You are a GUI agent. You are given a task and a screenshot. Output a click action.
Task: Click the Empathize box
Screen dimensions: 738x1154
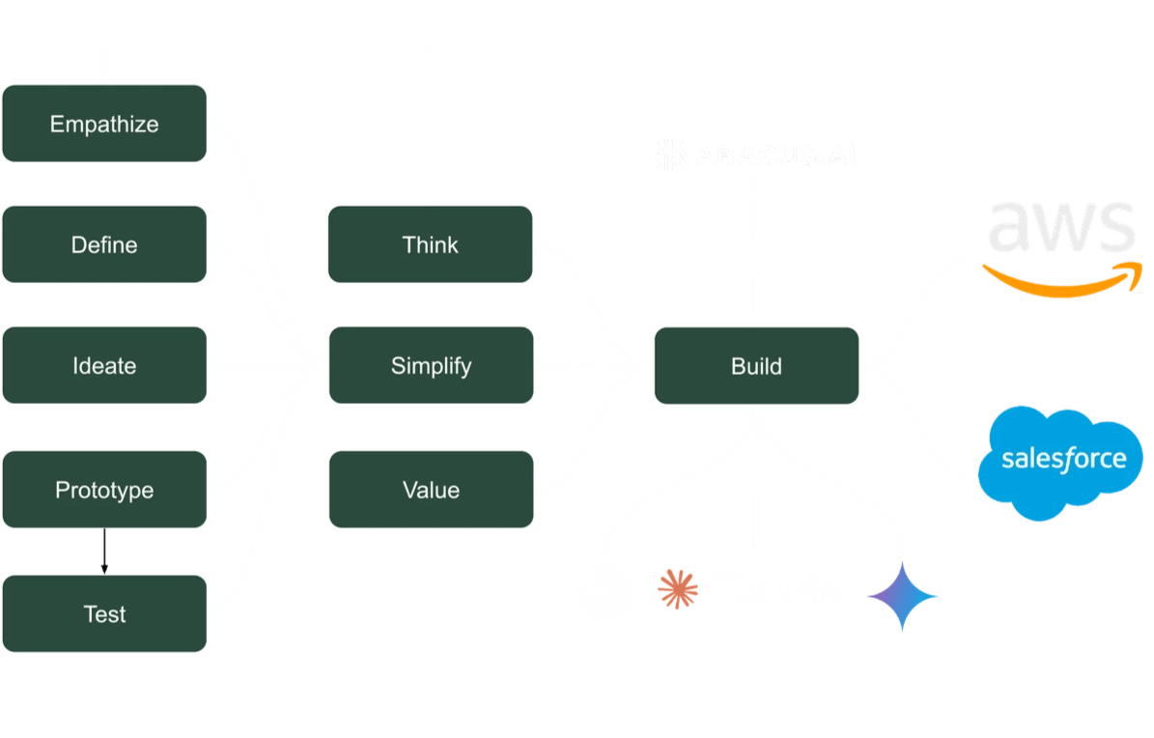(104, 124)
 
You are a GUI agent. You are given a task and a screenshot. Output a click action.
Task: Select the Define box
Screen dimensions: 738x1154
(104, 244)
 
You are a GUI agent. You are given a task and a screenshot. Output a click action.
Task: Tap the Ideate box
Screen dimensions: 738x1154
(104, 366)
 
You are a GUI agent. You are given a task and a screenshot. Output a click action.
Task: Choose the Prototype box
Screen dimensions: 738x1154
(104, 490)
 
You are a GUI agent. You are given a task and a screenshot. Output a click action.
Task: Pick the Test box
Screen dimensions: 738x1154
(104, 613)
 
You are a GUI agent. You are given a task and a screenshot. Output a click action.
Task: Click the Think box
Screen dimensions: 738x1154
(430, 244)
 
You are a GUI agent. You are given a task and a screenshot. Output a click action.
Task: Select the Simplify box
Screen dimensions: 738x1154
(430, 366)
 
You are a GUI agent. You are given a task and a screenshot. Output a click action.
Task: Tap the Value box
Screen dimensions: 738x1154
(430, 490)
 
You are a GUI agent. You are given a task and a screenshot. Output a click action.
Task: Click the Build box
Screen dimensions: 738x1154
(756, 366)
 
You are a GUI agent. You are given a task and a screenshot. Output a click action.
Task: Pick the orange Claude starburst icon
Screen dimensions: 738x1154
(677, 589)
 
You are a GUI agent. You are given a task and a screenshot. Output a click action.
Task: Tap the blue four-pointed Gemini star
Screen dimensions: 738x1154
(902, 596)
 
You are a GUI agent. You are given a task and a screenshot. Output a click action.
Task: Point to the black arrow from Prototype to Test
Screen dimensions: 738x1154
(104, 552)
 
